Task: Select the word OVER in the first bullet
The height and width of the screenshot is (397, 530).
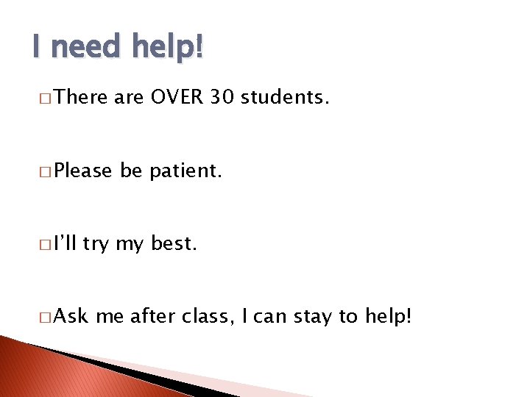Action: click(175, 97)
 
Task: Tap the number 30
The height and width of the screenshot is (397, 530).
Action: click(223, 97)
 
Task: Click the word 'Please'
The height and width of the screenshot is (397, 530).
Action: click(83, 171)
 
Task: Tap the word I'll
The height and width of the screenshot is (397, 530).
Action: click(65, 243)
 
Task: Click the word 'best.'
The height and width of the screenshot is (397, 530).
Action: click(174, 243)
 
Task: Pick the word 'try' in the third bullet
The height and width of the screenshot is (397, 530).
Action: click(95, 245)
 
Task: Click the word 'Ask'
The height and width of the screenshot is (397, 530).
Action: click(71, 316)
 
